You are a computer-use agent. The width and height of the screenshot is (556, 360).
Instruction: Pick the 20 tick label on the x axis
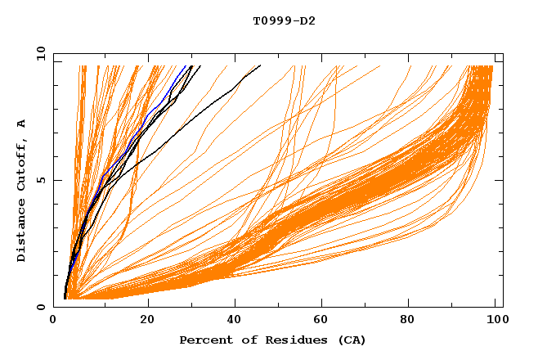click(x=148, y=320)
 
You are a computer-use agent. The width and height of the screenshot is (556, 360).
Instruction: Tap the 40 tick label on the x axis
click(x=235, y=320)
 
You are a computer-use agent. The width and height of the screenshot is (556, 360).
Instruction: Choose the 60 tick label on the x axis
click(x=321, y=320)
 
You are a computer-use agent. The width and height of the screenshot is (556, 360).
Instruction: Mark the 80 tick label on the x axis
click(x=408, y=320)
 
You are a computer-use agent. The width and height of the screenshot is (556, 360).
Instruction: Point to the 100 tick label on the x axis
click(x=495, y=320)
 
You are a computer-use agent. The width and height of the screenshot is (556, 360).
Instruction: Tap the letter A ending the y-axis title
click(x=22, y=124)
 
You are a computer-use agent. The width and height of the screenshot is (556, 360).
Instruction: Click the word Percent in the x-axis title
click(x=204, y=340)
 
